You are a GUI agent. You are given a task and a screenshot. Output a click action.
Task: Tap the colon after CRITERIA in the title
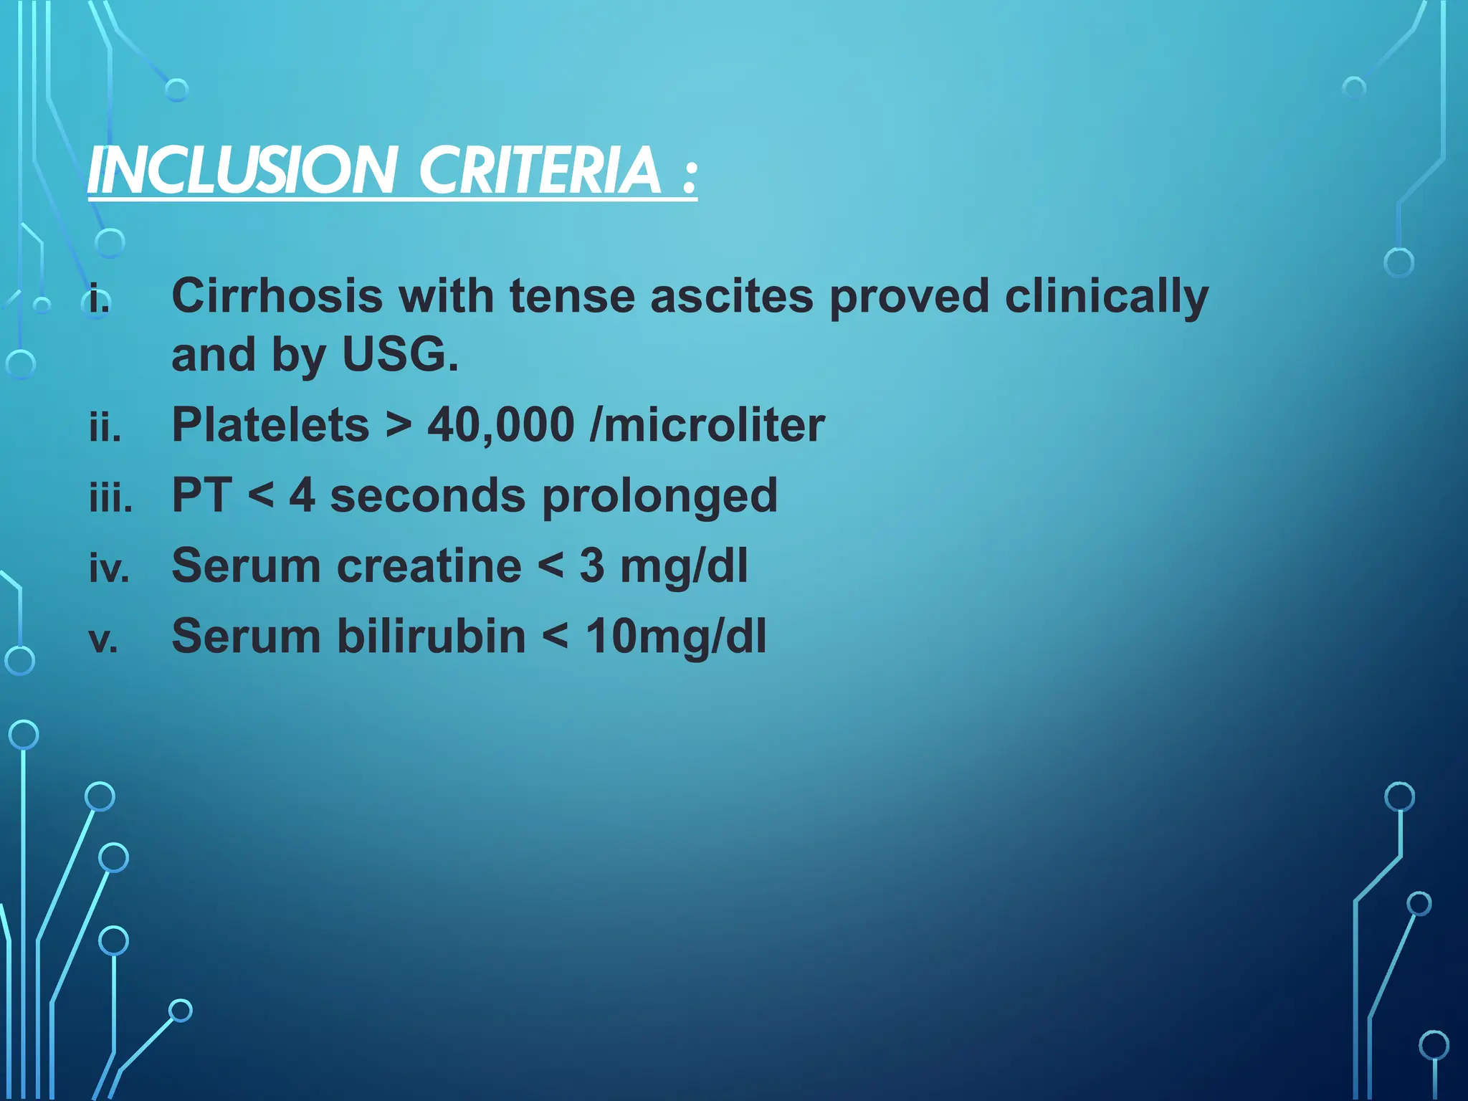689,176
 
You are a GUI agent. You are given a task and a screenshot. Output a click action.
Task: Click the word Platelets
270,424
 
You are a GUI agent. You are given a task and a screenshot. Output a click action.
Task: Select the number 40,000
500,425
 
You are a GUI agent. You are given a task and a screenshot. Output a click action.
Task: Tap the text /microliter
707,425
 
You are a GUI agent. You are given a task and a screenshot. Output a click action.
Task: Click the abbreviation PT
201,495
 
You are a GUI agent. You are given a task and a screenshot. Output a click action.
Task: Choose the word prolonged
659,497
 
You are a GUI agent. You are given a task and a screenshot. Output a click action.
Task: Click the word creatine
429,566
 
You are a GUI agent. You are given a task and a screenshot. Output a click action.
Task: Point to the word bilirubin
432,636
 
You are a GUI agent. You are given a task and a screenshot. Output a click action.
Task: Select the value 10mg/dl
675,637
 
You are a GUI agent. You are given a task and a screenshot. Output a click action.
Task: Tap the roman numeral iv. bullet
109,568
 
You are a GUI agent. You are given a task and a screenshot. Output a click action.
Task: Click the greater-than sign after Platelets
399,426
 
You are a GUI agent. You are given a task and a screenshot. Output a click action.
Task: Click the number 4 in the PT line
302,495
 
